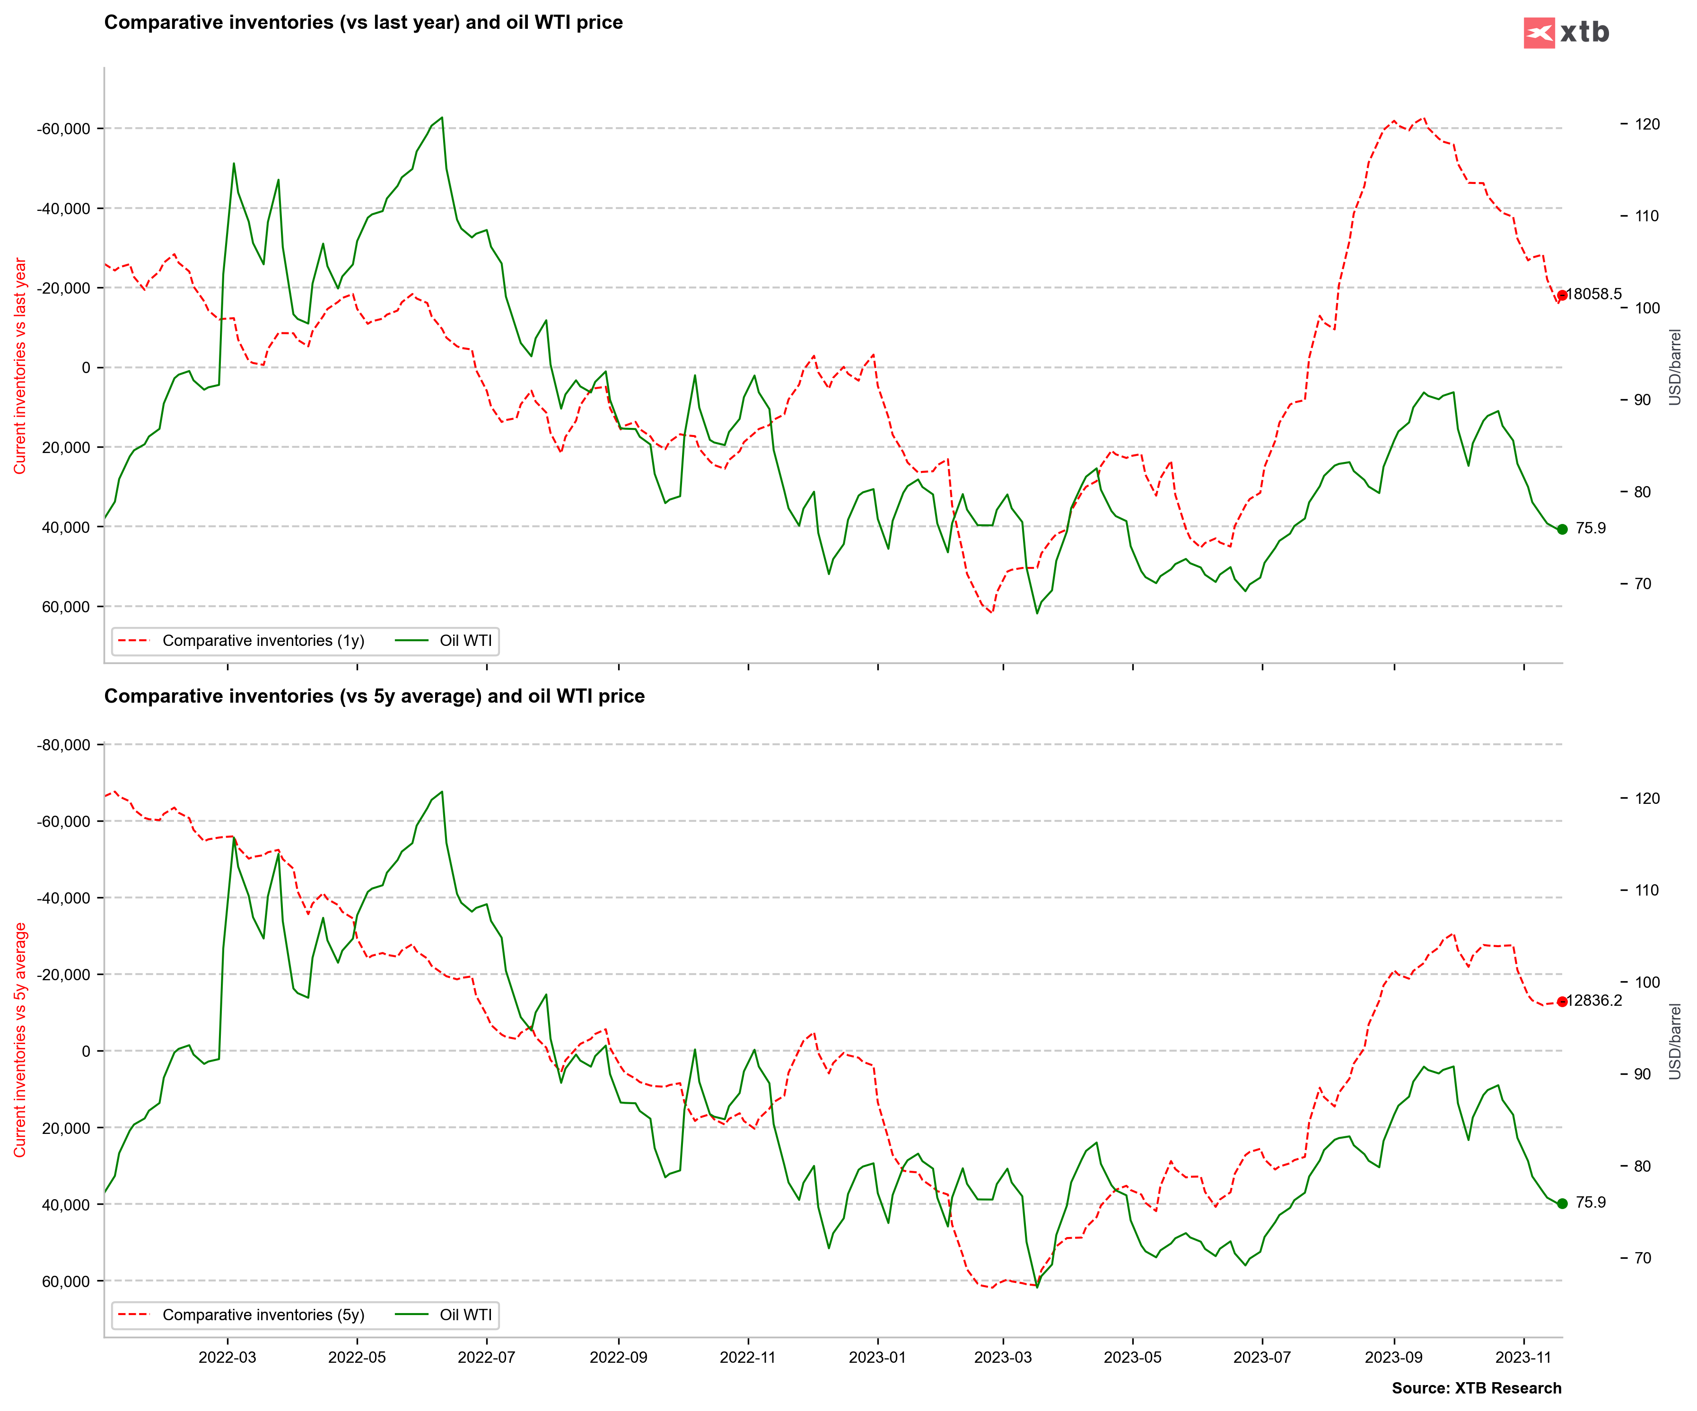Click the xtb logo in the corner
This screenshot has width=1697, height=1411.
(1566, 32)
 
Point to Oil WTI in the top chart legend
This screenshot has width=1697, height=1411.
(464, 641)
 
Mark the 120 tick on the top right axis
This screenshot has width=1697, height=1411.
(1646, 124)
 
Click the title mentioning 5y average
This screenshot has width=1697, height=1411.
(374, 697)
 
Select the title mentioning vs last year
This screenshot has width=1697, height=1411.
(364, 23)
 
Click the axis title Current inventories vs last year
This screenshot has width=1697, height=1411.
(20, 366)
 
